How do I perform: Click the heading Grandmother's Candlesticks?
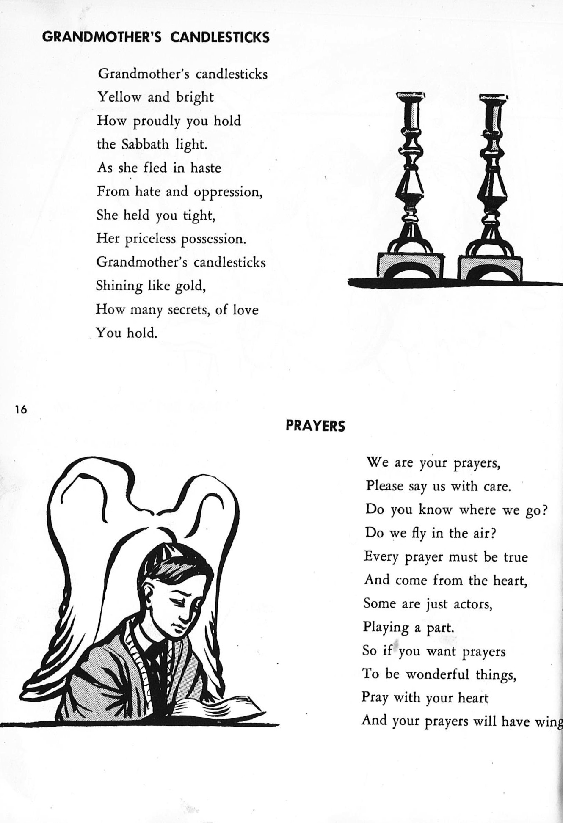(156, 38)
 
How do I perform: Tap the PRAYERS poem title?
(315, 426)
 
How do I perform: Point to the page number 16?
(20, 410)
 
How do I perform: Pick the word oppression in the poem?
(228, 193)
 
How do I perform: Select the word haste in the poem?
(206, 168)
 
